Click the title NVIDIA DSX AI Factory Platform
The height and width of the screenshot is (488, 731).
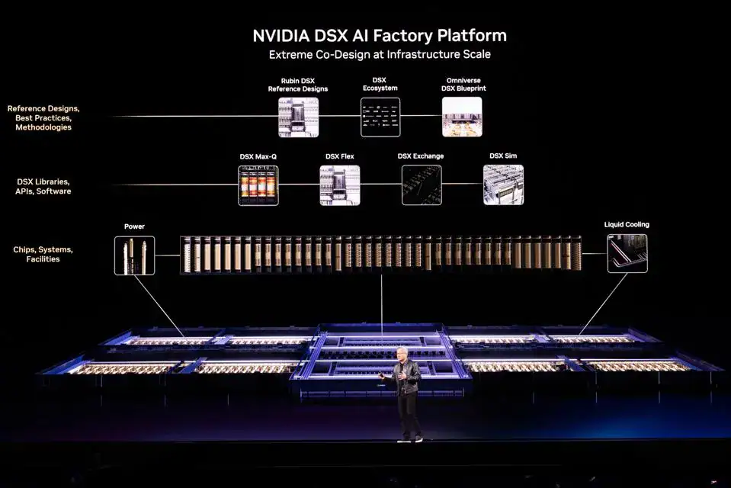pos(379,36)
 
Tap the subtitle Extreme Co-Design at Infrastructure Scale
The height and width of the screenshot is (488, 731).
pos(379,54)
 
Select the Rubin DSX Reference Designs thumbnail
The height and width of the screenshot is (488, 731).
pos(298,117)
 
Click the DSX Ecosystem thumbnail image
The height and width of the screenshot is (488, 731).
pos(380,117)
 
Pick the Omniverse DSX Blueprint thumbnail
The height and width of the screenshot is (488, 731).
pos(462,117)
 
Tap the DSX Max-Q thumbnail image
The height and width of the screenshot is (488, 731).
pos(258,185)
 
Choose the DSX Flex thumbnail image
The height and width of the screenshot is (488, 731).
pos(340,185)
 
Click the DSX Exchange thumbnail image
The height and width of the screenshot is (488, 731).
pos(421,185)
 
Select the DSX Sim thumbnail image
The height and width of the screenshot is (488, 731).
pos(503,185)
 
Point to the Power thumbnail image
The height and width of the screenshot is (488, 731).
pos(134,255)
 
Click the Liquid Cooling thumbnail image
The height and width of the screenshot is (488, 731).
pos(627,253)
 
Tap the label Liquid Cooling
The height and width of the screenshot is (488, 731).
pos(627,225)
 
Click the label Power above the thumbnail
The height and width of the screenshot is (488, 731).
pos(134,226)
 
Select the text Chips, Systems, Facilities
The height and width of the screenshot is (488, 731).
pos(42,254)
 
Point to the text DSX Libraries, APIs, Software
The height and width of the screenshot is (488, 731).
pos(43,186)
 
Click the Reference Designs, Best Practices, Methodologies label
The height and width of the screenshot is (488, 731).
pos(43,118)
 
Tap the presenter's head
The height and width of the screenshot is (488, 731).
pos(402,355)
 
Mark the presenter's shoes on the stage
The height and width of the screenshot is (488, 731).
pos(409,439)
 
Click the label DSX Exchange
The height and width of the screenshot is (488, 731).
pos(421,156)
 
